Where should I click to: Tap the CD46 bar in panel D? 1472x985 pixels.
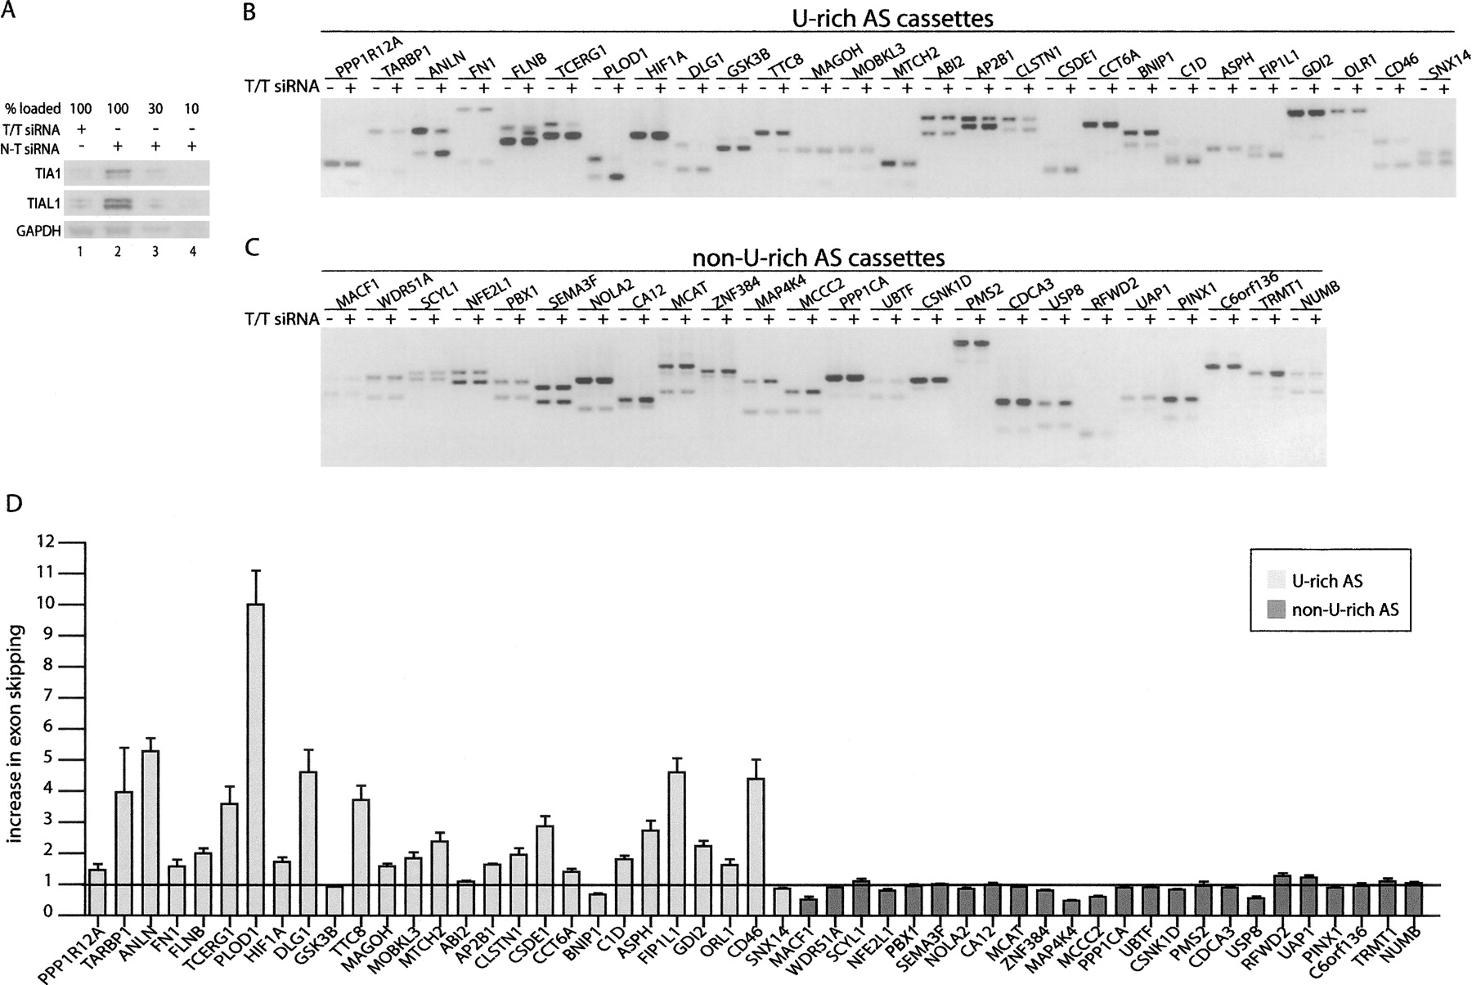tap(756, 846)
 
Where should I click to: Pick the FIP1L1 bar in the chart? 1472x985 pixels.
tap(676, 843)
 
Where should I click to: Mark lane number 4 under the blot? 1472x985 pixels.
tap(193, 251)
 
